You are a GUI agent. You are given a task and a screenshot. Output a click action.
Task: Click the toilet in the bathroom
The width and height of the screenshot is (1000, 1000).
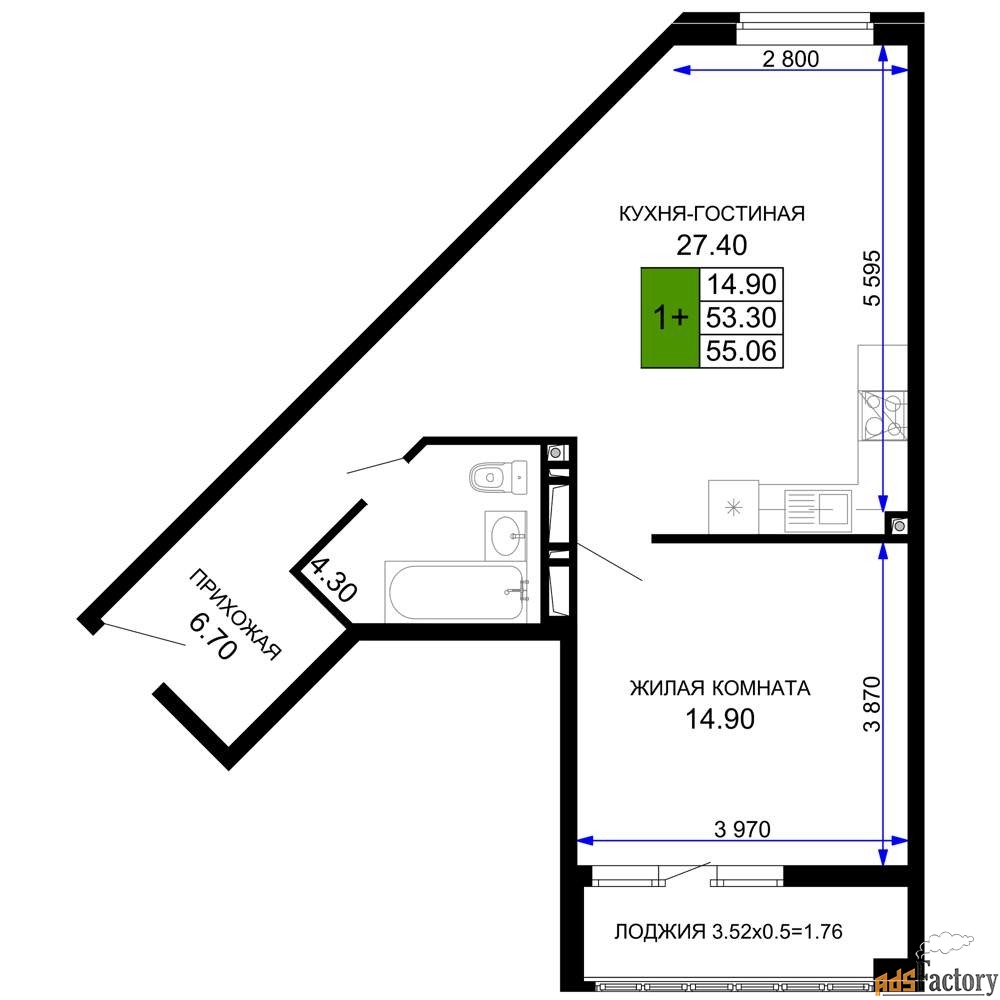[499, 476]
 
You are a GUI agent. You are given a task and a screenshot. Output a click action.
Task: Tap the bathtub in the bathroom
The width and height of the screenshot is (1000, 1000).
[456, 592]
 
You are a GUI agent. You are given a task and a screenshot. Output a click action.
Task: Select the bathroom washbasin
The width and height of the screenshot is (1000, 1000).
[506, 535]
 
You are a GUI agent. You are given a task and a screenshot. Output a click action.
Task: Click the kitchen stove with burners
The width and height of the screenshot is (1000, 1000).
[882, 415]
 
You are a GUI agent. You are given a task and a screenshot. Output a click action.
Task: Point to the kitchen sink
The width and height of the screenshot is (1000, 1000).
[818, 510]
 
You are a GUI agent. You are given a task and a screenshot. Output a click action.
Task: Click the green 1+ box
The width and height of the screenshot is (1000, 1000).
[670, 318]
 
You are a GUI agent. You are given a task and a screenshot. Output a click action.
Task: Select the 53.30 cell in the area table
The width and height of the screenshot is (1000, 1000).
[741, 317]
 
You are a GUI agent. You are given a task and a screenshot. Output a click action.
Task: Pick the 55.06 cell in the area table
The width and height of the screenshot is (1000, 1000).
[741, 351]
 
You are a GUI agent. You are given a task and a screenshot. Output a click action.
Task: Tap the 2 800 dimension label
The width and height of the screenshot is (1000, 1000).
[790, 59]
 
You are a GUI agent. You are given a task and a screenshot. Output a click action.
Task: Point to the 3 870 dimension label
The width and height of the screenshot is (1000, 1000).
[872, 703]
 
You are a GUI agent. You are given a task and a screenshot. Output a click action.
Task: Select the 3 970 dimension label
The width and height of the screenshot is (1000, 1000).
[742, 828]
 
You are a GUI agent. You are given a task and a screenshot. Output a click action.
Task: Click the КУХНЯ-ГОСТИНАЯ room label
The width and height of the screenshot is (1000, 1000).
[712, 213]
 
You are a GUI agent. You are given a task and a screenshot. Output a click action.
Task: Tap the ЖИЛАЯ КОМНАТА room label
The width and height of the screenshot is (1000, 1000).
[720, 688]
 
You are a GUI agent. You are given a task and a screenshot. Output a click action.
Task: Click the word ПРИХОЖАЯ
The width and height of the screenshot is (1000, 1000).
[235, 614]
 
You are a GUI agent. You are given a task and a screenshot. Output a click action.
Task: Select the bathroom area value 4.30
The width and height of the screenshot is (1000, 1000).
[333, 580]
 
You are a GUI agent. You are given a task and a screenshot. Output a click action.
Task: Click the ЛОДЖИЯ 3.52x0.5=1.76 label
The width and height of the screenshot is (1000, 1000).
[728, 931]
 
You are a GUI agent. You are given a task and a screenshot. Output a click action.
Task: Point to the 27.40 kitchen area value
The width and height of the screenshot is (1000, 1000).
[711, 245]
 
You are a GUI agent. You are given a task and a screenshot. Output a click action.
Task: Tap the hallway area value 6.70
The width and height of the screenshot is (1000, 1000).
[213, 636]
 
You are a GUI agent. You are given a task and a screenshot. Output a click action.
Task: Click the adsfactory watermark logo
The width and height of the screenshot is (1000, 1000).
[936, 971]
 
